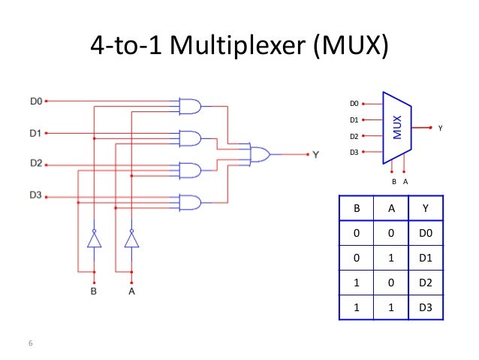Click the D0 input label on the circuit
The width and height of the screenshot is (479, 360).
click(x=35, y=99)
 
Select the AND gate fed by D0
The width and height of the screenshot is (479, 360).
click(x=190, y=107)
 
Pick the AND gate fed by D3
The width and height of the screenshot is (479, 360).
click(x=190, y=202)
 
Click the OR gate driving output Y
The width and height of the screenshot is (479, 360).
click(x=260, y=154)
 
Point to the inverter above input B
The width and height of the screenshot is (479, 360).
click(x=94, y=239)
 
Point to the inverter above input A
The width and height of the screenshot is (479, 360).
click(x=131, y=239)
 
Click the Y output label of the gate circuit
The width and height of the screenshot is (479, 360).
click(x=315, y=154)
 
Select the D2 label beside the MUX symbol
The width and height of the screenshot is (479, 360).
click(x=354, y=136)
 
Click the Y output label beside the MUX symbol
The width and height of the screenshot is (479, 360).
click(x=441, y=129)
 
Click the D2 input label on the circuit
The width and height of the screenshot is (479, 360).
click(x=35, y=162)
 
